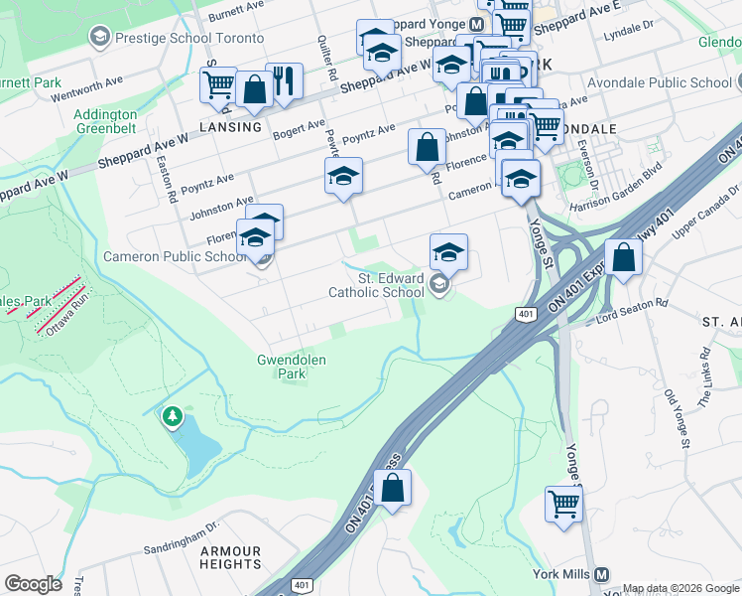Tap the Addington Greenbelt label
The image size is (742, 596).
click(x=105, y=121)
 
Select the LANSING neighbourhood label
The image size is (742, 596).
click(x=230, y=127)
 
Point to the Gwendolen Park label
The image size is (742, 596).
click(x=292, y=368)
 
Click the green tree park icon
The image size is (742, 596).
click(x=173, y=417)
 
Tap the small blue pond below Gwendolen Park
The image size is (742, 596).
click(x=199, y=449)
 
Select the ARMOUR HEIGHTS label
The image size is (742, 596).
click(x=230, y=557)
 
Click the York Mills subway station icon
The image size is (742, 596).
click(x=601, y=575)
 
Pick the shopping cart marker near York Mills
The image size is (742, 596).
click(x=563, y=503)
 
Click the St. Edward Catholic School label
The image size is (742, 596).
click(x=377, y=286)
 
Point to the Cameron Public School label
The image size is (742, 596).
click(x=176, y=257)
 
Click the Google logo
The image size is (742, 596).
click(x=34, y=583)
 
